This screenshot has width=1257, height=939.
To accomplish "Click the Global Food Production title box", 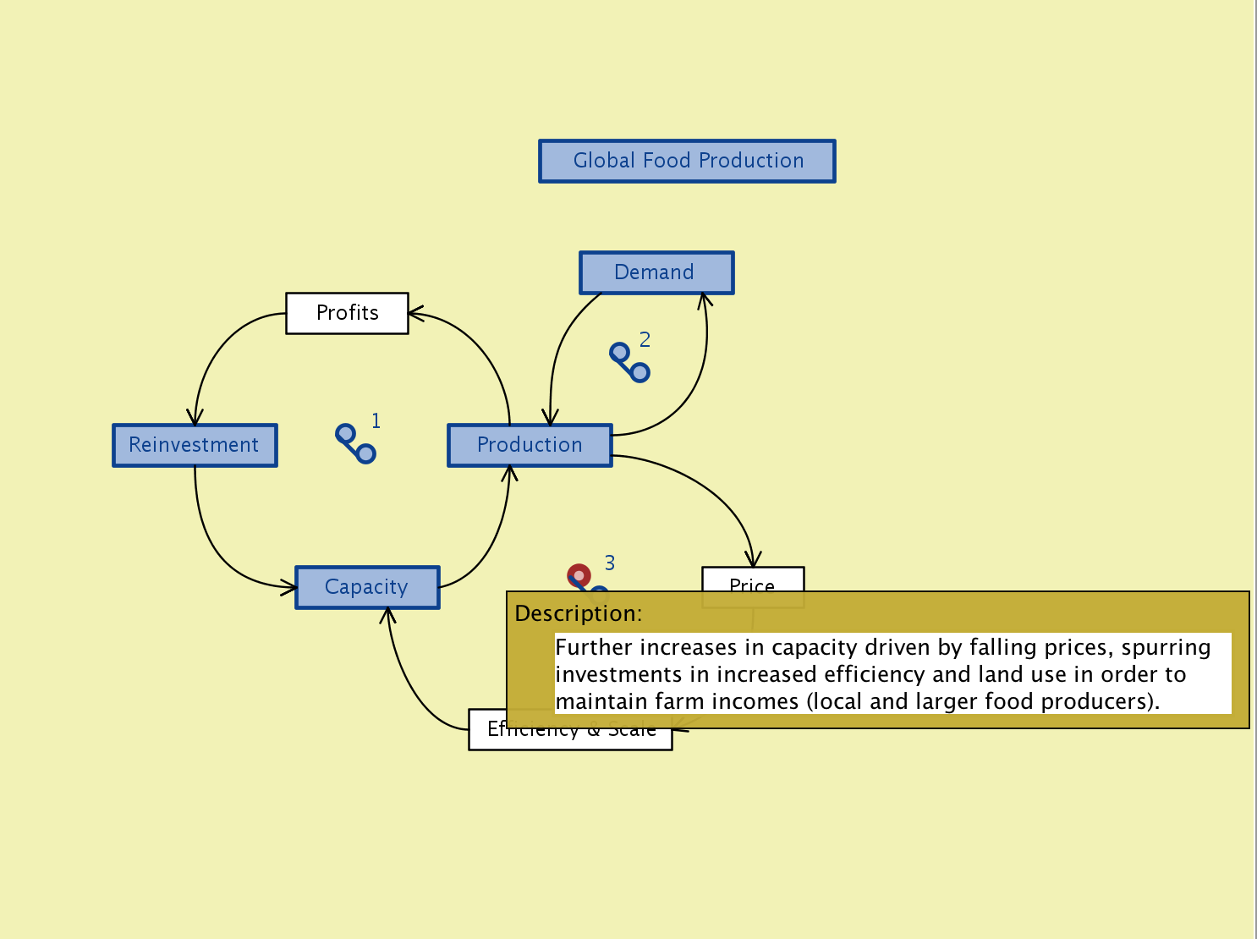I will [687, 161].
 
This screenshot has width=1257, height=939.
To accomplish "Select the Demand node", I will [656, 272].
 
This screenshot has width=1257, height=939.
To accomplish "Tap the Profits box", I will [347, 313].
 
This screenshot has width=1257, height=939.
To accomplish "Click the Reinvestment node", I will [195, 445].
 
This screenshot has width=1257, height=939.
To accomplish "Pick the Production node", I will [530, 445].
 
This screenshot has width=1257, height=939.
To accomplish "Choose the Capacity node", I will [367, 587].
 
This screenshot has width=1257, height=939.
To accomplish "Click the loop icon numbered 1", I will [355, 443].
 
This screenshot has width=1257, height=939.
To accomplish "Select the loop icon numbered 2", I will [630, 362].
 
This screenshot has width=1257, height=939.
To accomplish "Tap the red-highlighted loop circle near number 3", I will [579, 576].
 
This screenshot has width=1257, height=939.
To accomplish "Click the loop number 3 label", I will [610, 563].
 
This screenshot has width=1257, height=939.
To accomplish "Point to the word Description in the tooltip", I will [578, 613].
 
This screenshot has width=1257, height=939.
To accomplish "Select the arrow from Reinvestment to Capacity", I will [211, 541].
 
